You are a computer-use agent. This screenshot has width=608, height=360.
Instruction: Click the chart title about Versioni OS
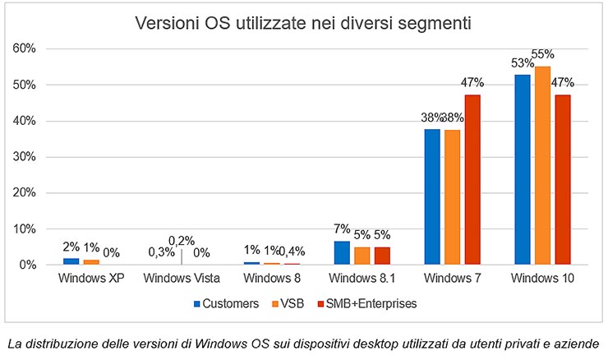(303, 23)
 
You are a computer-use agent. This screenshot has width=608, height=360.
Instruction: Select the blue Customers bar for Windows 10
(522, 169)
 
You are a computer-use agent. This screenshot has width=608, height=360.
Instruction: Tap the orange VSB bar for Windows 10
(541, 165)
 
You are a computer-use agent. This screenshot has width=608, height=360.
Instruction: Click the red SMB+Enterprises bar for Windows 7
(472, 179)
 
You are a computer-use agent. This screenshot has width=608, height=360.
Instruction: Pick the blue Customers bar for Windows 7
(432, 196)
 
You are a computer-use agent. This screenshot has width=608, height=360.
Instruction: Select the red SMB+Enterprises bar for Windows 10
(562, 179)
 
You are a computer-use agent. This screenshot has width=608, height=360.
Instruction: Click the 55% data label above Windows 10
(542, 56)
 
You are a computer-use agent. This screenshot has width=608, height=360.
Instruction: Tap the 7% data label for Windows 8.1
(342, 229)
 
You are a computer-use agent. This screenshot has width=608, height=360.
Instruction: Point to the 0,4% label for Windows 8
(293, 251)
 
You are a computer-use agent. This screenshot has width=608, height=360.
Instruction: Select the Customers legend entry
(226, 303)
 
